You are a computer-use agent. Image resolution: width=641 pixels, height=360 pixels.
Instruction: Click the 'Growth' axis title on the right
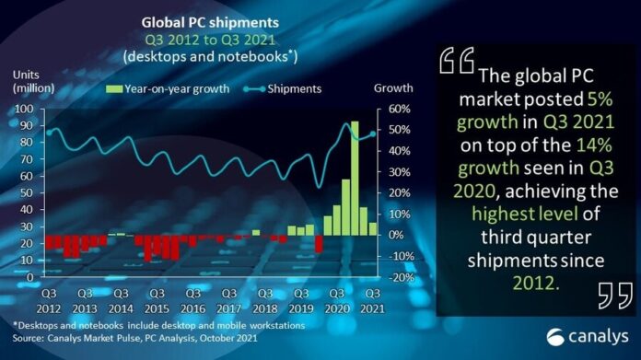[387, 89]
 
